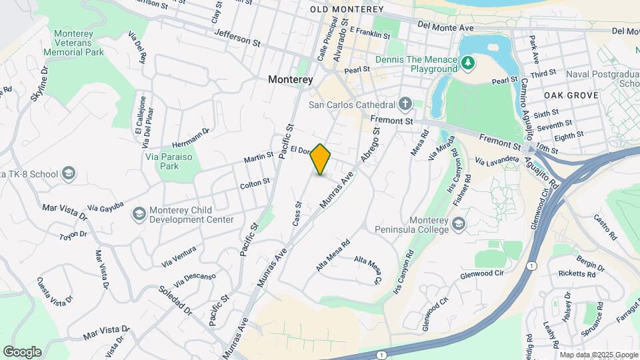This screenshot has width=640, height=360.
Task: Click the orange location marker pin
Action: tap(321, 159)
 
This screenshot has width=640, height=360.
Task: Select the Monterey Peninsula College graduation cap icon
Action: tap(458, 223)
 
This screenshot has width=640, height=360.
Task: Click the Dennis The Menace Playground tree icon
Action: tap(469, 63)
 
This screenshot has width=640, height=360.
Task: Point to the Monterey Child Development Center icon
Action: tap(139, 214)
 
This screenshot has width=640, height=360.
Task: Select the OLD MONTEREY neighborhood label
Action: tap(347, 9)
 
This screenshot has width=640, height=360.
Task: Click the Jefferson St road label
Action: tap(237, 40)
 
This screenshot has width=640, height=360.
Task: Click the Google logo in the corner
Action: tap(22, 351)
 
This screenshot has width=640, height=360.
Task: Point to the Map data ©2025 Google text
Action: tap(598, 355)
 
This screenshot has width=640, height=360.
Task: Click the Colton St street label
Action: tap(255, 182)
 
